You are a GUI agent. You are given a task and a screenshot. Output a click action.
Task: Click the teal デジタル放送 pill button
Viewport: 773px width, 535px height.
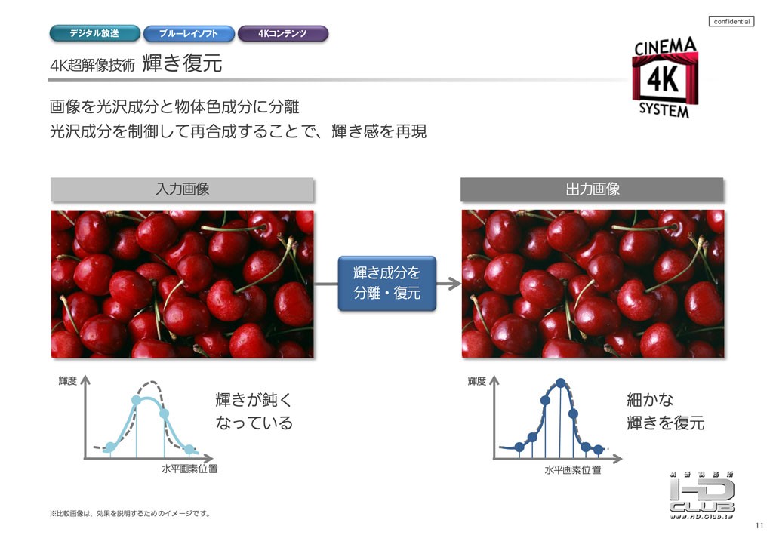(94, 33)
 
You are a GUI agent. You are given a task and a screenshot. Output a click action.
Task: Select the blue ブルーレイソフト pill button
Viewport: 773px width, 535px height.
(189, 33)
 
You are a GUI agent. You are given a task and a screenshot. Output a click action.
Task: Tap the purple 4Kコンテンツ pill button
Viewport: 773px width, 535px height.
(283, 33)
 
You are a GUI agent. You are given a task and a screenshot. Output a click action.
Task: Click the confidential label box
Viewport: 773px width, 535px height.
(731, 21)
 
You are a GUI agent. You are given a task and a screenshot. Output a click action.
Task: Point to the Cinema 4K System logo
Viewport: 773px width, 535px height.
(665, 77)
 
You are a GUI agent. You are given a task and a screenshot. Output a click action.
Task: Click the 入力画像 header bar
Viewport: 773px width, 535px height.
(183, 189)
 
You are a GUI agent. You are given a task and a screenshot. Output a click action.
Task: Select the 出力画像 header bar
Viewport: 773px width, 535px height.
(592, 189)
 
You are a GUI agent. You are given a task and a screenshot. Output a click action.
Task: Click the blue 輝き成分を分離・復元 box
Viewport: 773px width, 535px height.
(387, 283)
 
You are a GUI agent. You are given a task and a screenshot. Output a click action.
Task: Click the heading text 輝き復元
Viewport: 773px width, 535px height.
(183, 63)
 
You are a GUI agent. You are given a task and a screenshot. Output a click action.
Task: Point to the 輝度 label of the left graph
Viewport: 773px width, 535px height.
(67, 381)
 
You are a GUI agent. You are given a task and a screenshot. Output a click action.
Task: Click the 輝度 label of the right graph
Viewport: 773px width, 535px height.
(477, 381)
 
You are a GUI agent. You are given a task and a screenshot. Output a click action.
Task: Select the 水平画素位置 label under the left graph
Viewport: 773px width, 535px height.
(189, 469)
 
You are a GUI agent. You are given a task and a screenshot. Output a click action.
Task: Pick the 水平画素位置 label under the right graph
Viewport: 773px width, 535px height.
(573, 469)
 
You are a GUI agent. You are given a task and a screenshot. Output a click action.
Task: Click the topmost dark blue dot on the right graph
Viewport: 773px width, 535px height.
(561, 383)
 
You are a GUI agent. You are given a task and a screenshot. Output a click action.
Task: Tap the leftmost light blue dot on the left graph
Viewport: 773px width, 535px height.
(110, 447)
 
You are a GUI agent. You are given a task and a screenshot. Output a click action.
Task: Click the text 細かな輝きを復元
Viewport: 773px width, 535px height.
(666, 410)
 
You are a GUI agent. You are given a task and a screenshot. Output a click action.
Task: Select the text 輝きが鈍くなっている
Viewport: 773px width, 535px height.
(254, 410)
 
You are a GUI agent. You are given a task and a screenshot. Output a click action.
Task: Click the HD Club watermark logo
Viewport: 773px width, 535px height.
(701, 495)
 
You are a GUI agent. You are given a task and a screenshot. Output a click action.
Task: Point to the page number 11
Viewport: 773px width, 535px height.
(759, 525)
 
